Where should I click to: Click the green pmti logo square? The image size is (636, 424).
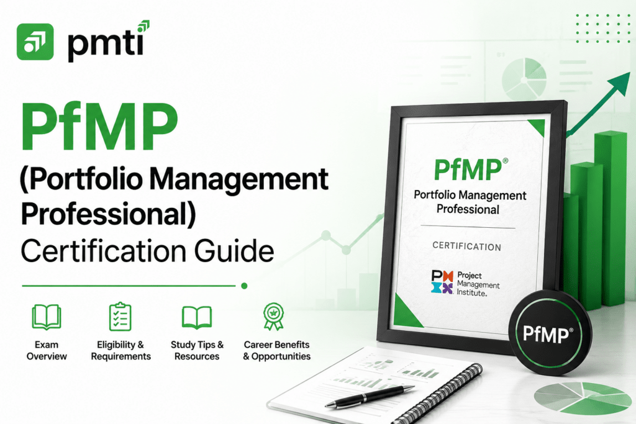pos(35,42)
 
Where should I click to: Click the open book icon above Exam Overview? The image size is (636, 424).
pos(46,317)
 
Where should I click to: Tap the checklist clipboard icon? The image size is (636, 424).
pos(120,317)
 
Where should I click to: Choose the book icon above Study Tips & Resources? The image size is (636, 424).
pos(197,317)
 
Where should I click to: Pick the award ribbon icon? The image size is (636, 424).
pos(273,317)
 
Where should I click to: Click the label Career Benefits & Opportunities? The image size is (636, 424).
pos(276,351)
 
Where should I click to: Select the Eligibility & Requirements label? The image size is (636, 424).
pos(120,351)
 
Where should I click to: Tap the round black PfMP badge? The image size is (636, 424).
pos(548,335)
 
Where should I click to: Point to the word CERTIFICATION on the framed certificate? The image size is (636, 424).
pos(467,246)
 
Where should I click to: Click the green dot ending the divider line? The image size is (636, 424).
pos(244,286)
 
